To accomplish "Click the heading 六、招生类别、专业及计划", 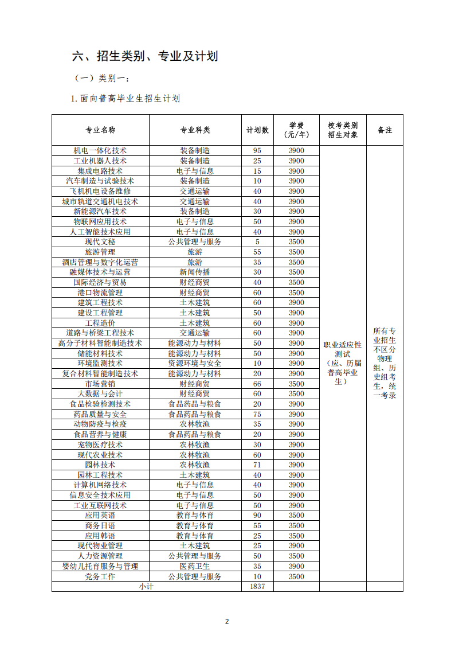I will [x=145, y=56].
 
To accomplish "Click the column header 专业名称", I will [x=100, y=130].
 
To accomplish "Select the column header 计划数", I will [x=257, y=130].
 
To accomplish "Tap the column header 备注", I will [x=385, y=130].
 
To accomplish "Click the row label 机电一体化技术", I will [x=100, y=151].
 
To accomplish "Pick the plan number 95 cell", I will [x=257, y=151].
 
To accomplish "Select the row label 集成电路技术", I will [x=100, y=171].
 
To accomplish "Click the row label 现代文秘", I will [x=100, y=242].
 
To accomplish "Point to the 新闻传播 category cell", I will [x=195, y=272].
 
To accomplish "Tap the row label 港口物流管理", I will [x=100, y=292].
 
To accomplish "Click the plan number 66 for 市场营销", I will [x=257, y=384].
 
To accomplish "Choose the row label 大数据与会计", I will [x=100, y=394].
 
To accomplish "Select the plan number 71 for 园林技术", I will [x=257, y=465].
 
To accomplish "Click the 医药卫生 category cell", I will [x=195, y=566].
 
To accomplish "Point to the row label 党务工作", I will [x=100, y=576].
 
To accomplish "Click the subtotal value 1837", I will [x=257, y=587].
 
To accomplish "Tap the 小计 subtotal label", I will [x=146, y=587].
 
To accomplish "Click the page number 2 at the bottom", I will [x=227, y=622].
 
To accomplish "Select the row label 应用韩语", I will [x=100, y=536].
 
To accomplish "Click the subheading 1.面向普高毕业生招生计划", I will [x=125, y=99].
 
